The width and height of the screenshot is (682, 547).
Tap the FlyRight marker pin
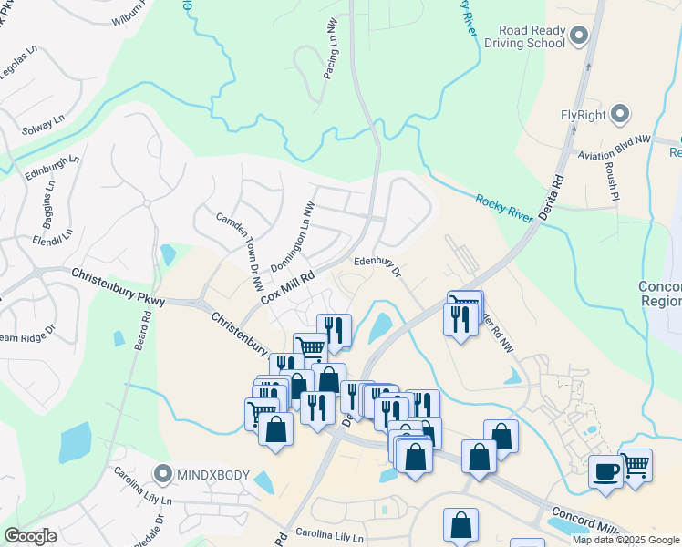pyautogui.click(x=621, y=115)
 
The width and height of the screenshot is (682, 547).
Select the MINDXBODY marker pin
pyautogui.click(x=163, y=474)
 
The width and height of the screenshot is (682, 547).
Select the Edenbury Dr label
pyautogui.click(x=377, y=264)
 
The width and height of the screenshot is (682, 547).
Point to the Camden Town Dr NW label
pyautogui.click(x=239, y=245)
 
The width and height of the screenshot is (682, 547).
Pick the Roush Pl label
pyautogui.click(x=611, y=181)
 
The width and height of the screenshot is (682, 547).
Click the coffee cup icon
pyautogui.click(x=606, y=471)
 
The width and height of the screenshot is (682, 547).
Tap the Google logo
pyautogui.click(x=30, y=536)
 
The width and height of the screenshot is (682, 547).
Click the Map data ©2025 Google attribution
pyautogui.click(x=625, y=540)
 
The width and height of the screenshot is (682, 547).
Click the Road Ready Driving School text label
pyautogui.click(x=526, y=36)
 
